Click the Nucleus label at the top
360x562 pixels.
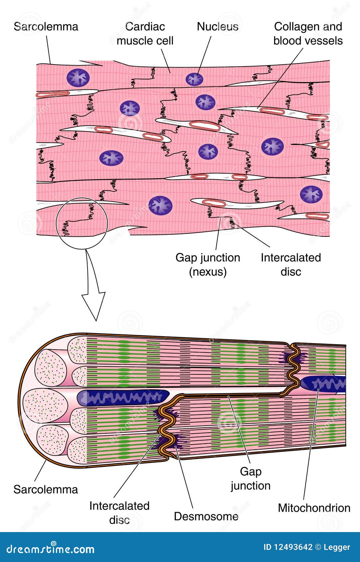click(x=217, y=27)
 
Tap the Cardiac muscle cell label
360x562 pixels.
click(x=145, y=34)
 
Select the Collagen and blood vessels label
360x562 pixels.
click(x=308, y=34)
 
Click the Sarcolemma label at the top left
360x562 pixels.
click(x=46, y=27)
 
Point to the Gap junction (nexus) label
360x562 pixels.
click(x=208, y=265)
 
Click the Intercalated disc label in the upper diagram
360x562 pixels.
click(x=290, y=265)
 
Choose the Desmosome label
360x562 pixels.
click(x=206, y=516)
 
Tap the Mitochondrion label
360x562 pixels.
click(x=314, y=508)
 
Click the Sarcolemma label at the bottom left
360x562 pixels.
click(x=46, y=489)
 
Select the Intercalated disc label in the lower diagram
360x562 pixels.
click(x=119, y=512)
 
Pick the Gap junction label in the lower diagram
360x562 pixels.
click(x=251, y=479)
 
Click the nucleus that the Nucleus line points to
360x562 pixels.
click(x=194, y=79)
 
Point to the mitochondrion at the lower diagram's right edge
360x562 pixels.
click(x=324, y=384)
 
